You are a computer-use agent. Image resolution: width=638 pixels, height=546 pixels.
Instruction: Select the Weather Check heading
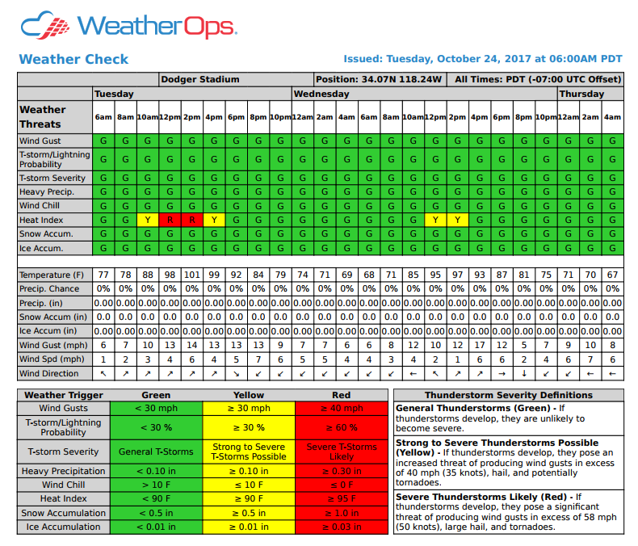(73, 59)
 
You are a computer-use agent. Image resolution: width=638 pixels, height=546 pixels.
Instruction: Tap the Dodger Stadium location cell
(199, 79)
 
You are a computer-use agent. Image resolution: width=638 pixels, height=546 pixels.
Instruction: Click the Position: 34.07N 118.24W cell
(379, 79)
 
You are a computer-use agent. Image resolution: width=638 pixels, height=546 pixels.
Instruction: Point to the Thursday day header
(581, 94)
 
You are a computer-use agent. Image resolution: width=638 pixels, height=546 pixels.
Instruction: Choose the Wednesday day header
(321, 94)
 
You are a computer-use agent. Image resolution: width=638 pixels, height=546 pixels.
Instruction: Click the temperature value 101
(191, 275)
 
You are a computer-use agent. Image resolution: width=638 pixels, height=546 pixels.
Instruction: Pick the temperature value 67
(612, 275)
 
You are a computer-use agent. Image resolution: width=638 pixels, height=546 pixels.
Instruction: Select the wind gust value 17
(480, 345)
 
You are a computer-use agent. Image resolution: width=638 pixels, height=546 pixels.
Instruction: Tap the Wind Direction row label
(49, 373)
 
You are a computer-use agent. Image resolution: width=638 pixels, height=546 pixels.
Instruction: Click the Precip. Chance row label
(49, 288)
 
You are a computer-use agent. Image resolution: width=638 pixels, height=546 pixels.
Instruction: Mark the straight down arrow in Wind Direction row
(524, 373)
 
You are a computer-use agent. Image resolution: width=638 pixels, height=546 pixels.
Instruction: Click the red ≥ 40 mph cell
(342, 409)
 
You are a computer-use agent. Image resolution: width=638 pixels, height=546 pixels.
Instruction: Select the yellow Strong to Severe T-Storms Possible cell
(249, 451)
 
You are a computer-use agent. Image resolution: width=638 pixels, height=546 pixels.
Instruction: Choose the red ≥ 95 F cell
(342, 499)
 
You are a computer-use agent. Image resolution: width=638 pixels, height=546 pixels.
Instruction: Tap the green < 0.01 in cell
(156, 527)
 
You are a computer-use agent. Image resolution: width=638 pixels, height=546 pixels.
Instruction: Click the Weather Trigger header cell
(64, 395)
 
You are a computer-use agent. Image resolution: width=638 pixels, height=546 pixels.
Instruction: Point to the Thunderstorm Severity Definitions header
(508, 395)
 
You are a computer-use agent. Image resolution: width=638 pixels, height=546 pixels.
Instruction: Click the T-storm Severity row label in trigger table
(64, 451)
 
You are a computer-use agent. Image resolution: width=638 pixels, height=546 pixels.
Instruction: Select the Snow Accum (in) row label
(53, 317)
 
